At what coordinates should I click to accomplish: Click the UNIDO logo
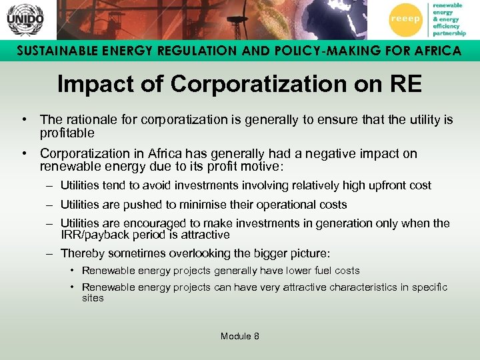25,19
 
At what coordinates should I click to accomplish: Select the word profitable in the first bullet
67,133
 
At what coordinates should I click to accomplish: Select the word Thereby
81,253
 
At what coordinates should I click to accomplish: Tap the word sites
93,298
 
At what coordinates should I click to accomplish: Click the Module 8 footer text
240,336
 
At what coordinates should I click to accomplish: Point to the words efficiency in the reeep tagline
447,27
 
